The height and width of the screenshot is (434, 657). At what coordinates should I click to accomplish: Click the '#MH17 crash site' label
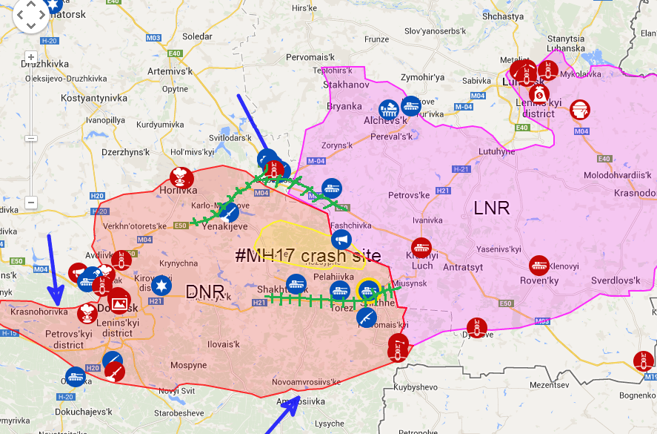307,256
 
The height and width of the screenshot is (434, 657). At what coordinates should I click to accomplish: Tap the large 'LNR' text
492,208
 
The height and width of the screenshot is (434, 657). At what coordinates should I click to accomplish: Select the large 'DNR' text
204,292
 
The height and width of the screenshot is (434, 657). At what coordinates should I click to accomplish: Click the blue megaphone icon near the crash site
340,240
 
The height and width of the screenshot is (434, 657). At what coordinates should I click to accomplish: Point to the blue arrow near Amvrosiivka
282,415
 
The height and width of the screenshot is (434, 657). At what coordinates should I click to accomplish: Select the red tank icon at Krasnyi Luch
421,248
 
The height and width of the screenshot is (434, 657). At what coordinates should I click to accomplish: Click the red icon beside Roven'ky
539,266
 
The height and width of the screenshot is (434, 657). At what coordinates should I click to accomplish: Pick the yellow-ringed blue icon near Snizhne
368,289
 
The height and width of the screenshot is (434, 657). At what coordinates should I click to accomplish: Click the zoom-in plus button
31,57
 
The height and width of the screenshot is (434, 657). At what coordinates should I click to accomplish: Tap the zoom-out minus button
31,203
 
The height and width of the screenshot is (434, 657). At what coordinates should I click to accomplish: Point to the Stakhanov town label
346,85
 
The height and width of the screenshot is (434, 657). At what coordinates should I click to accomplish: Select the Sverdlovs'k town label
615,280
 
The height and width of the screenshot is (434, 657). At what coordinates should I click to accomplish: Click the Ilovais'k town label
223,344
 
